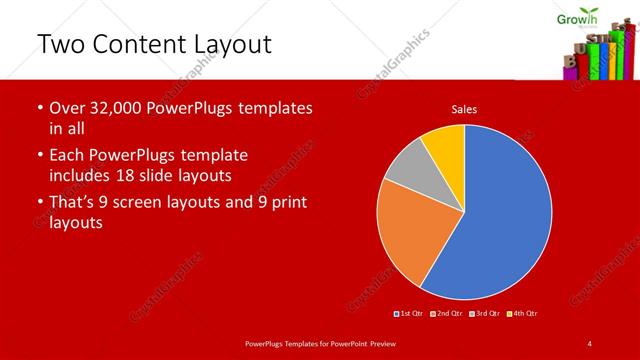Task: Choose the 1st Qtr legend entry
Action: [409, 314]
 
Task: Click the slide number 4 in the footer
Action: [590, 344]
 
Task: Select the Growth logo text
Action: [576, 16]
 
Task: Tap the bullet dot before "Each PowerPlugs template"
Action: [39, 157]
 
